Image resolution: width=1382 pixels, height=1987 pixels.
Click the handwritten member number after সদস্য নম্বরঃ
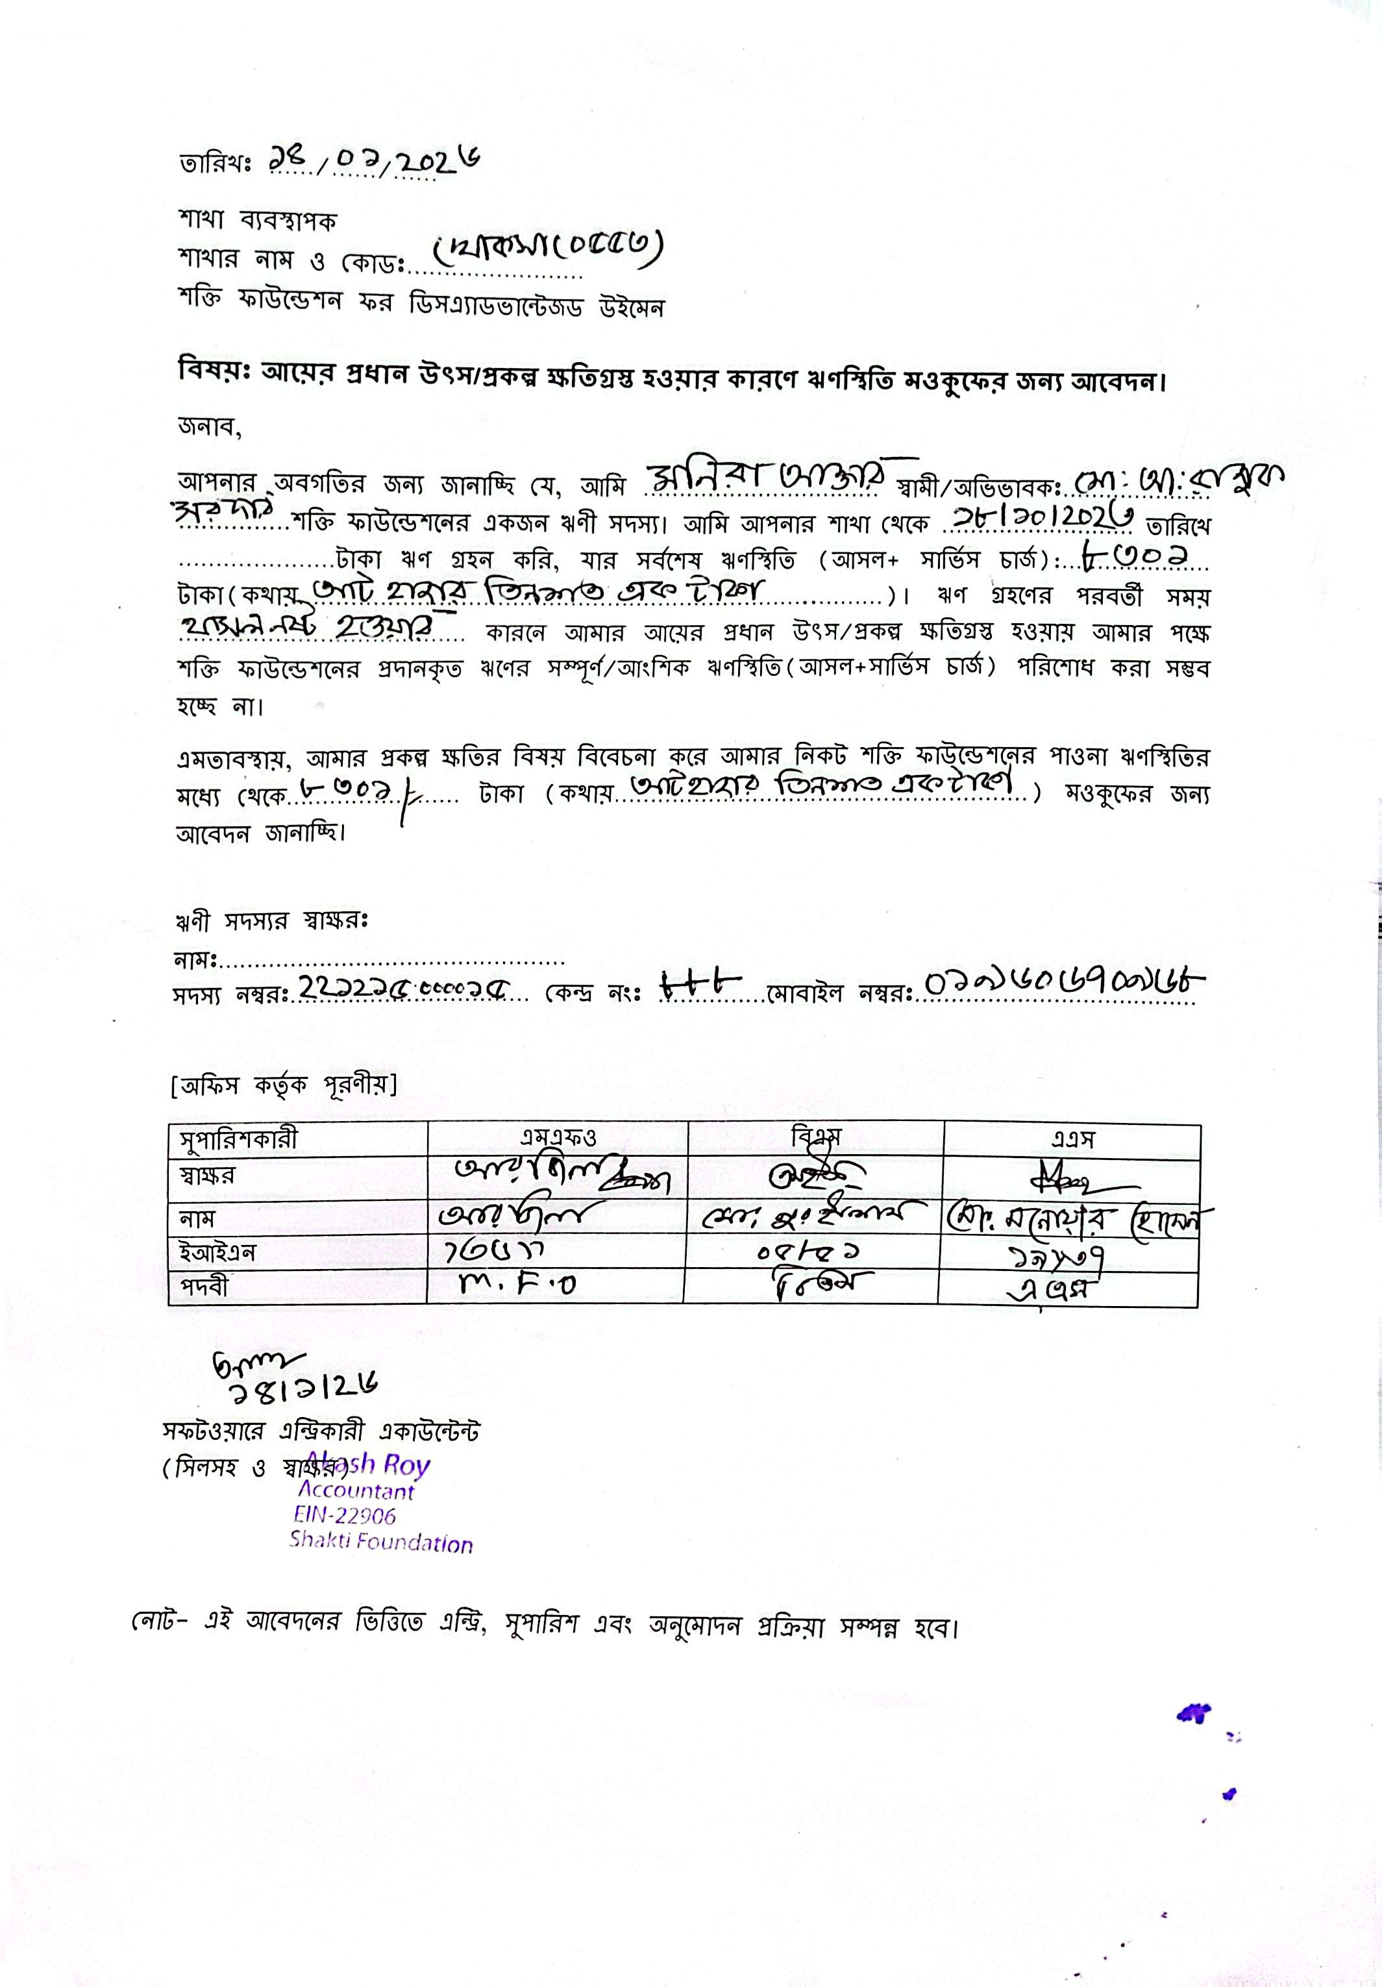(x=407, y=987)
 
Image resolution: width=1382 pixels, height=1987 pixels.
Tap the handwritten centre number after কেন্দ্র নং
(x=701, y=983)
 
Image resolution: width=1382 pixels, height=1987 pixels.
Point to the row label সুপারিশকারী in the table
(x=238, y=1139)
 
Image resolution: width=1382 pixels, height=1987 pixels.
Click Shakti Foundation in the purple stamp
(x=381, y=1540)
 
